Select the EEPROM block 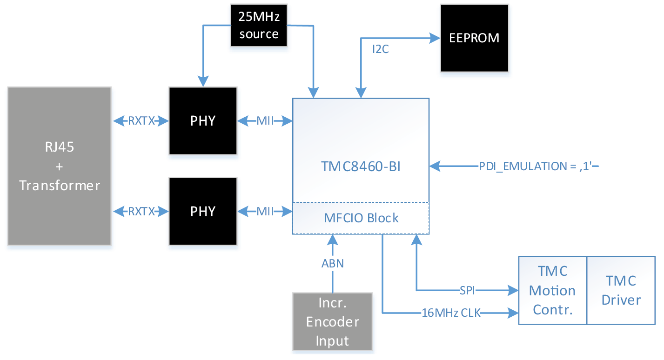474,38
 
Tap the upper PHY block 203,121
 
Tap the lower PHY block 203,212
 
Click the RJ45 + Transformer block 60,167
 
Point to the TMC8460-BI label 361,167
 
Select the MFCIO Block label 361,218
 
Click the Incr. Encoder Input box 332,321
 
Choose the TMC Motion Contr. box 552,290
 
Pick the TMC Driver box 621,290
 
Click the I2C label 380,49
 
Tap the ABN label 333,263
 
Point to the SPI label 468,291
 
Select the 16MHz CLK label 450,313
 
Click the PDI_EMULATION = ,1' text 535,166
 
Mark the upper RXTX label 141,121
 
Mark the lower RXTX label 141,212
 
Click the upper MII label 265,121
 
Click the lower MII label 265,212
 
